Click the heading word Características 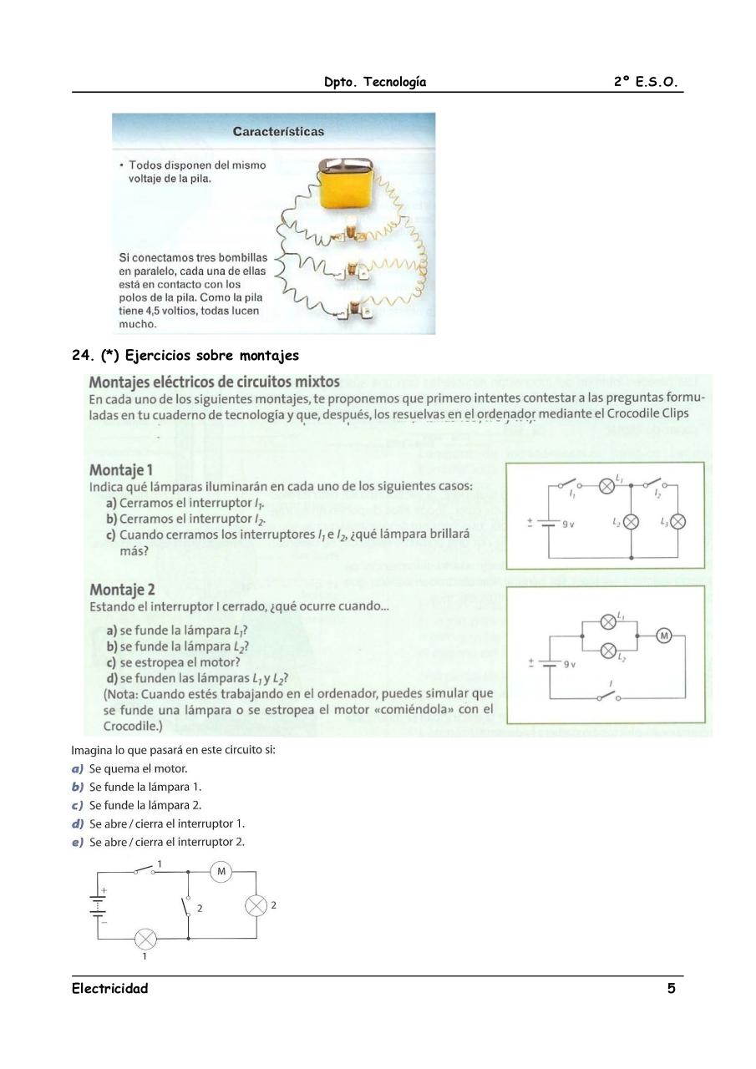(278, 131)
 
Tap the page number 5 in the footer (671, 989)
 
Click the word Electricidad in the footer (109, 989)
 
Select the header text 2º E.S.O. (646, 82)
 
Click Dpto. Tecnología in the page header (375, 82)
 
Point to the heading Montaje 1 (121, 469)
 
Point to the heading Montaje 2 (122, 590)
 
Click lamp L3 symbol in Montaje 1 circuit (678, 521)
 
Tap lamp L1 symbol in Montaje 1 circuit (607, 485)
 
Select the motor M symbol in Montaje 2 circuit (665, 636)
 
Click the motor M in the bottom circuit (221, 872)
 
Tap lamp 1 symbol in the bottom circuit (145, 940)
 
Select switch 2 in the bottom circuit (187, 905)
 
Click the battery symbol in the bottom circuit (99, 905)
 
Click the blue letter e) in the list (78, 842)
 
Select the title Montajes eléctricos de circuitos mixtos (214, 382)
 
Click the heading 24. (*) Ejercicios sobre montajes (185, 356)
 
